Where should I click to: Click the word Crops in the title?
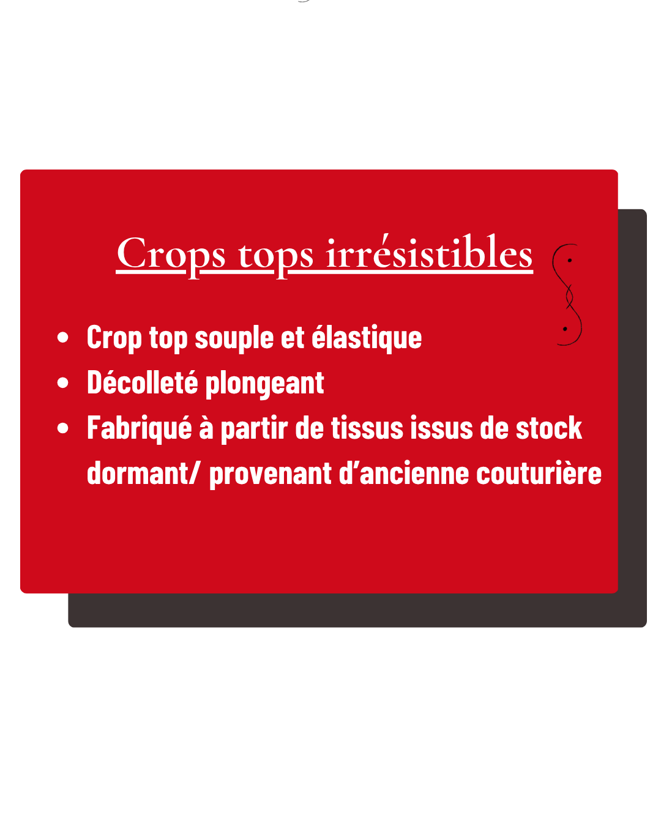coord(171,255)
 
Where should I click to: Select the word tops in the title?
coord(275,258)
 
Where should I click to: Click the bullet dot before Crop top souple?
coord(62,337)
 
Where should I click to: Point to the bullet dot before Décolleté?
coord(62,382)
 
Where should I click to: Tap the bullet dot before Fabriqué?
coord(62,428)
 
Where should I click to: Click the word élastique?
coord(367,338)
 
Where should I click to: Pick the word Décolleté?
coord(143,382)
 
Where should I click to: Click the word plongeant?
coord(264,384)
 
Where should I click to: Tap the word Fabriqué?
coord(140,428)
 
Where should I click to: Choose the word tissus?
coord(367,428)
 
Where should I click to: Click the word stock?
coord(548,428)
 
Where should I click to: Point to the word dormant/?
coord(143,472)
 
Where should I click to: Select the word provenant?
coord(271,474)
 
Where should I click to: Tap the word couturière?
coord(539,472)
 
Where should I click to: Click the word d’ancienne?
coord(404,472)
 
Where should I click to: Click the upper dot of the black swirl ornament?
coord(569,261)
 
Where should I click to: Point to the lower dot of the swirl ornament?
coord(564,329)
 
